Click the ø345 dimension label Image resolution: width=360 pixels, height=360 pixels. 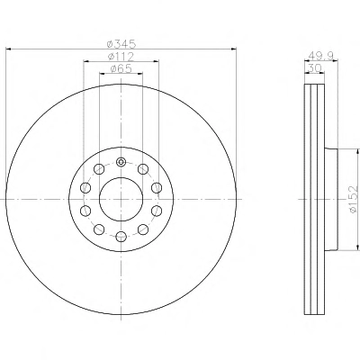[x=121, y=44]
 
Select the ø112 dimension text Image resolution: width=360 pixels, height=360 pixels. [x=121, y=57]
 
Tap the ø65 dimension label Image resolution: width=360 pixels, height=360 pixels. [x=121, y=68]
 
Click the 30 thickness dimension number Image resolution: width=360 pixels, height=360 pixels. [x=315, y=68]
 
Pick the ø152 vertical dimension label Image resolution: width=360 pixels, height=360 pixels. [x=355, y=199]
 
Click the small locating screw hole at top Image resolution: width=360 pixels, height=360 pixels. [x=121, y=162]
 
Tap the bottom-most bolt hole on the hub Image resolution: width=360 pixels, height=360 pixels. [x=121, y=237]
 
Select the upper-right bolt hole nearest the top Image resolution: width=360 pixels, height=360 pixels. [x=143, y=169]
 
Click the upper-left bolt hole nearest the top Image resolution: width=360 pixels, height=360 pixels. [x=99, y=169]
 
